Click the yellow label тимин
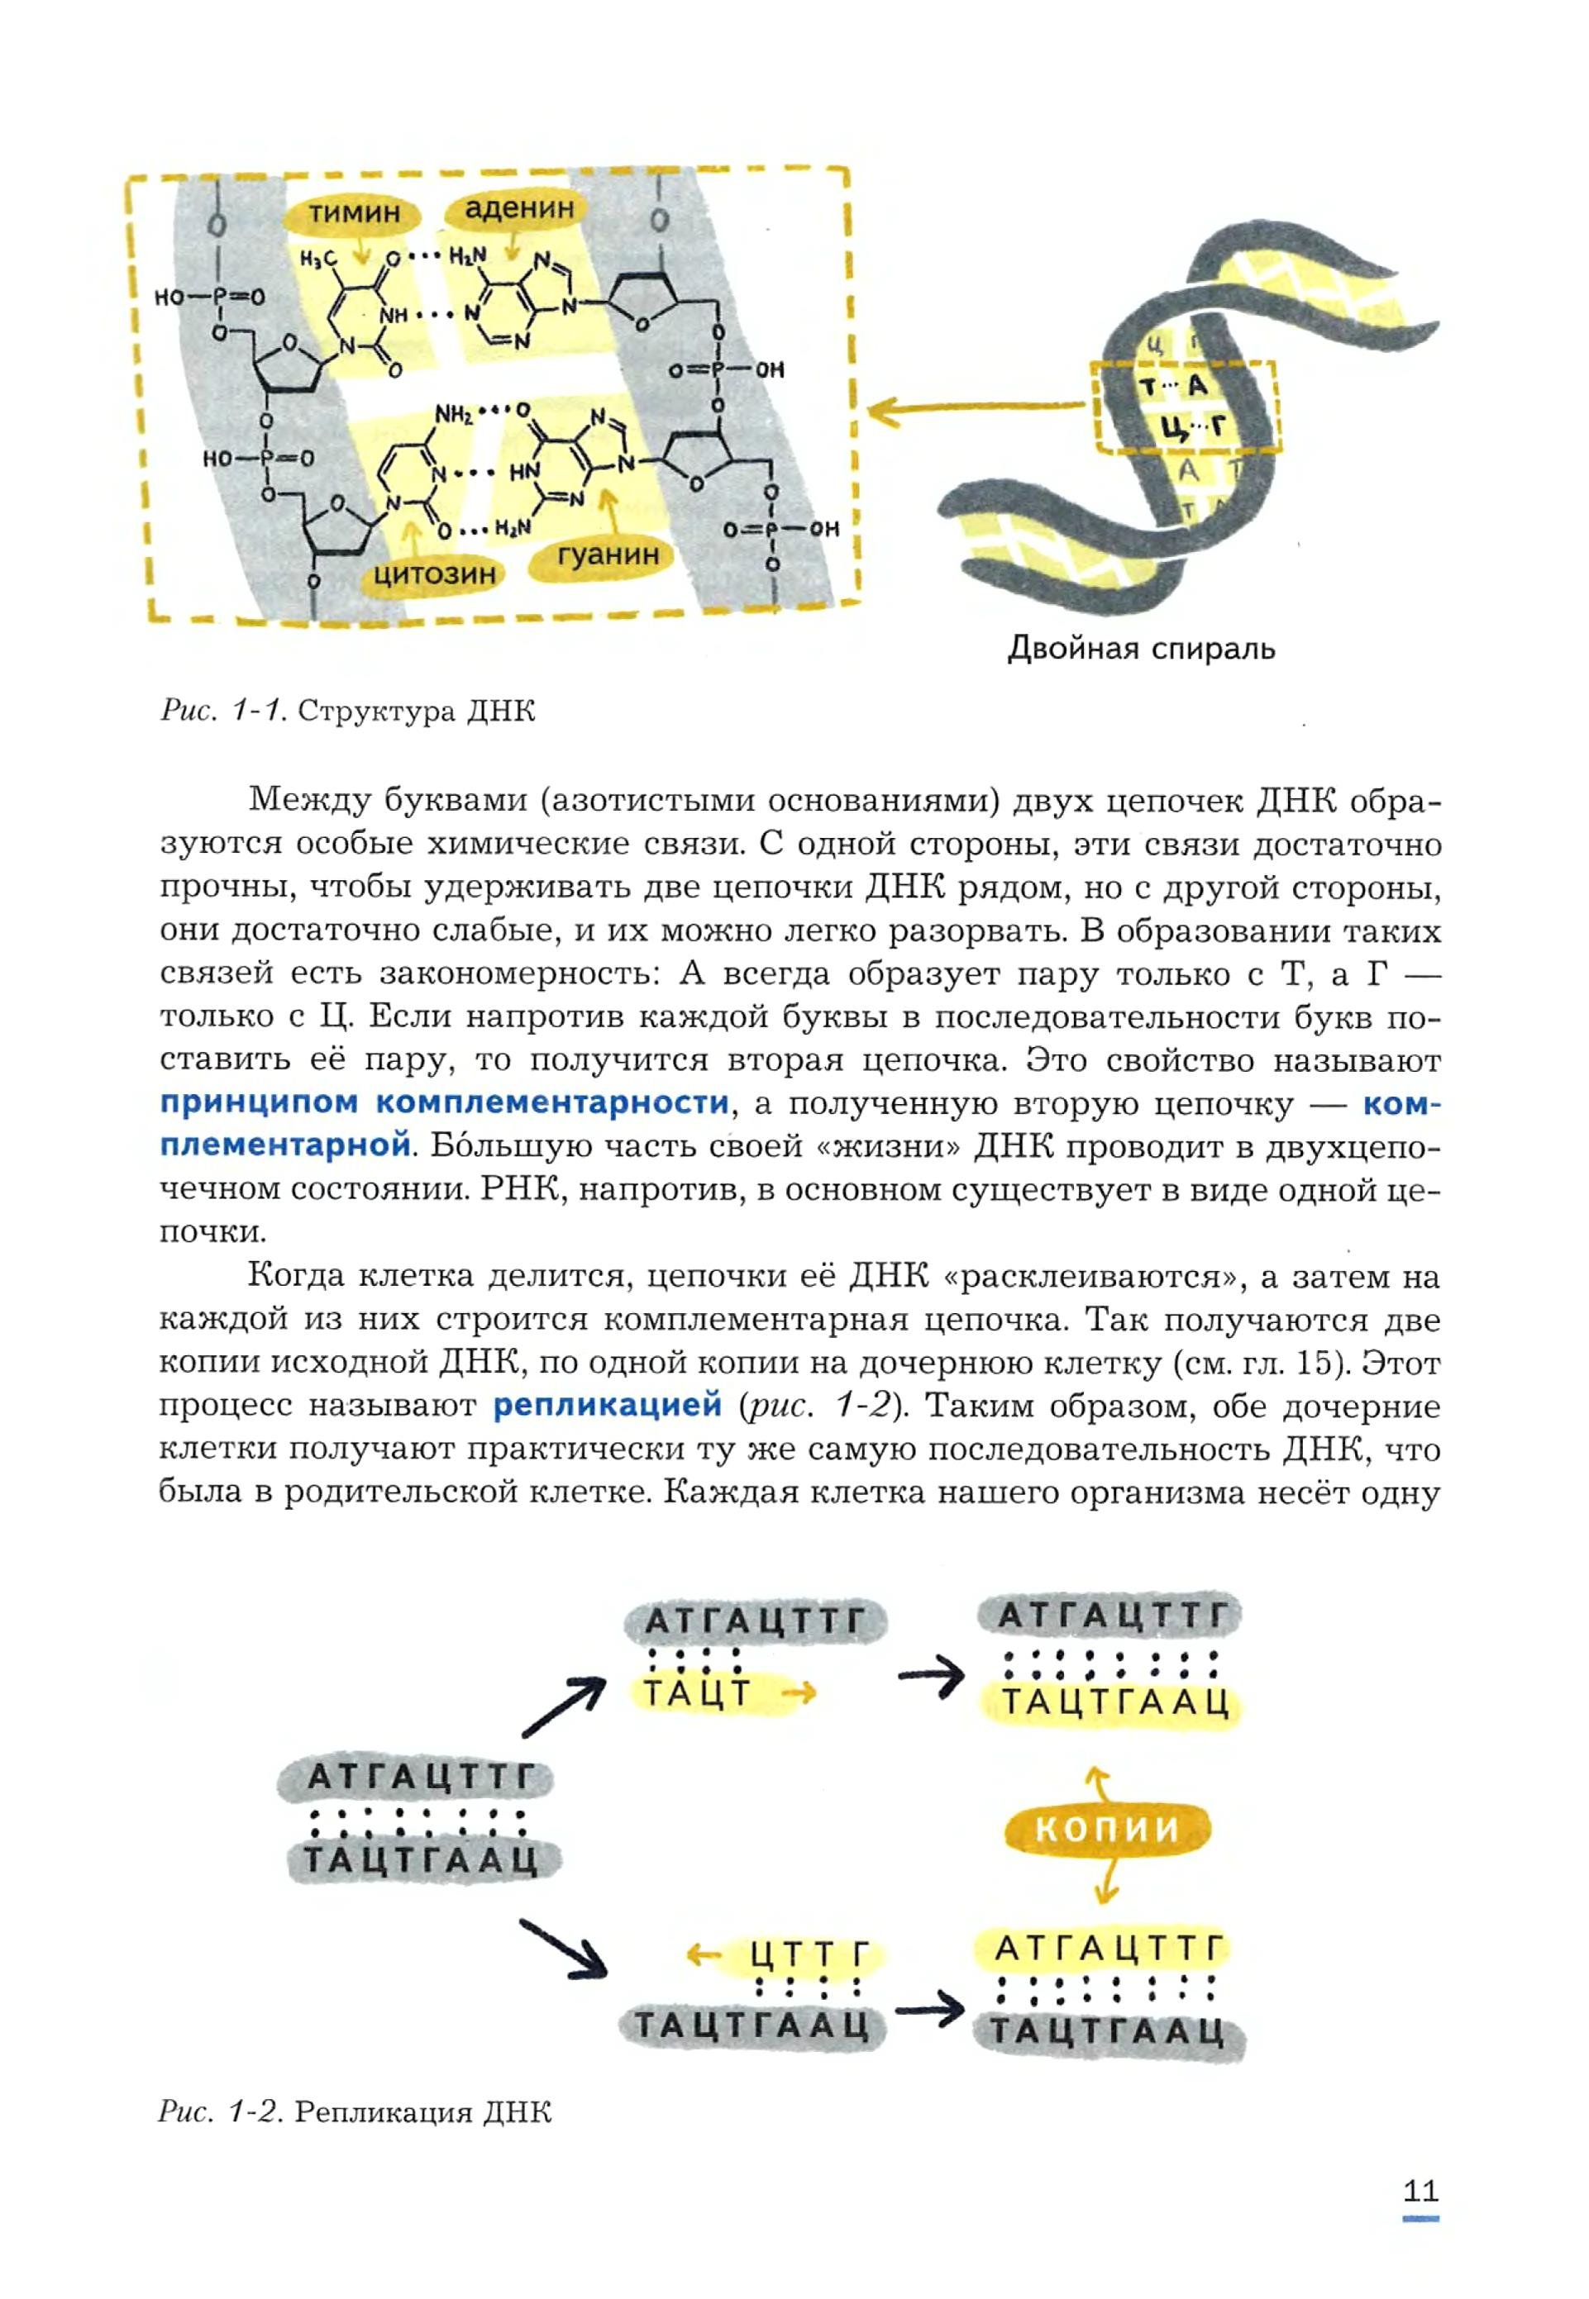coord(354,212)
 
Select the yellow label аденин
coord(520,208)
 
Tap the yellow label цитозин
coord(434,574)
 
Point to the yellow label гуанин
coord(608,555)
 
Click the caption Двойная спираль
coord(1141,649)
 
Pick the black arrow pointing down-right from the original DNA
coord(564,1947)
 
